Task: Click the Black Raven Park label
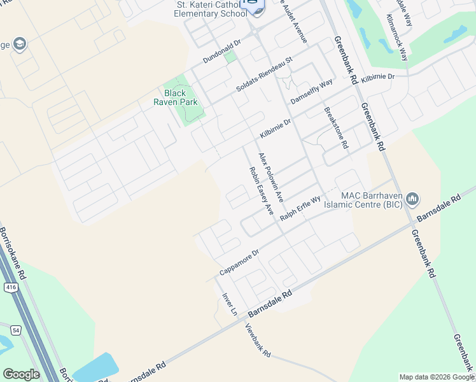[x=175, y=97]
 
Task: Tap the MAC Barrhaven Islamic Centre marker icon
[x=412, y=200]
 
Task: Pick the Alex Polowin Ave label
[x=270, y=174]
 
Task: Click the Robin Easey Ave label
[x=261, y=190]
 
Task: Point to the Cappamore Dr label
[x=239, y=262]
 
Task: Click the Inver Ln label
[x=229, y=304]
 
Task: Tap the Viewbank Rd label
[x=258, y=340]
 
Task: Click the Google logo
[x=21, y=374]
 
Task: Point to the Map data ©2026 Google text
[x=436, y=377]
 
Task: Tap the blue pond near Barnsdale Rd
[x=95, y=368]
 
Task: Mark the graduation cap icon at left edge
[x=20, y=44]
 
